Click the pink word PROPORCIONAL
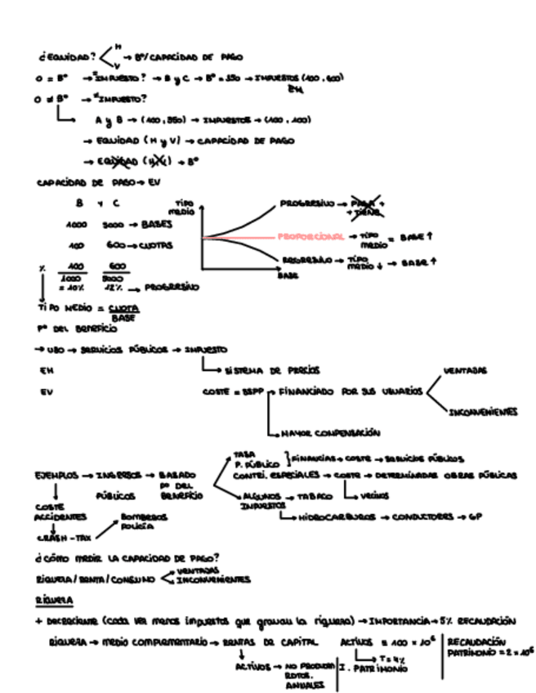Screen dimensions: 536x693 click(310, 237)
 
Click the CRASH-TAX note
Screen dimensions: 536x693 click(61, 538)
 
